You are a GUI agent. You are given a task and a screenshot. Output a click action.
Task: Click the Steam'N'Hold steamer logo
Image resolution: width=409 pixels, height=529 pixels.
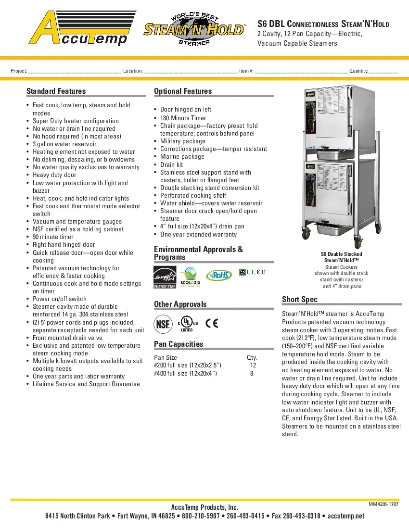coord(194,30)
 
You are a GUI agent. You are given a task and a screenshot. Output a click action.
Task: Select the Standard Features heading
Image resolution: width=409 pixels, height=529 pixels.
coord(56,91)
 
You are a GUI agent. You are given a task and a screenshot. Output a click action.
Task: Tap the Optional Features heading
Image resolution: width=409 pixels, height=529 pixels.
coord(183,91)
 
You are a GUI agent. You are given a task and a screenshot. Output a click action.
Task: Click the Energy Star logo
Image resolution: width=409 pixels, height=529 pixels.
coord(165,277)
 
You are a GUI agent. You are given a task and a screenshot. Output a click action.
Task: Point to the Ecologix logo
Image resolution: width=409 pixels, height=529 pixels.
coord(191,277)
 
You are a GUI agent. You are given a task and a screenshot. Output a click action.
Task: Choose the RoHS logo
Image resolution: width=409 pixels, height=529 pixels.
coord(219,275)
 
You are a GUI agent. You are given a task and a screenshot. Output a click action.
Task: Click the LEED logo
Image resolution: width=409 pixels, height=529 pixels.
coord(253,273)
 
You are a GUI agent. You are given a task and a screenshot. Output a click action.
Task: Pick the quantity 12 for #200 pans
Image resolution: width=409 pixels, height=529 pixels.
coord(253,365)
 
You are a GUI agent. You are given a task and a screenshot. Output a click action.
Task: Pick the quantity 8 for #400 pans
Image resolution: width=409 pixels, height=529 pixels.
coord(252,373)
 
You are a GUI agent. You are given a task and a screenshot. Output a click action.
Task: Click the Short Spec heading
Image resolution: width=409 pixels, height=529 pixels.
coord(300,300)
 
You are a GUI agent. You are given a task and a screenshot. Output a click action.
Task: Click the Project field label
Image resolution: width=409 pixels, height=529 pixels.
coord(19,71)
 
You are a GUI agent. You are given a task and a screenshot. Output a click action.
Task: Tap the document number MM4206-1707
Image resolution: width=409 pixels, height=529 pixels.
coord(383,504)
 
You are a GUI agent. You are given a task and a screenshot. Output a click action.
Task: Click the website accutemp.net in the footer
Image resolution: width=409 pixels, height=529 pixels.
coord(346,516)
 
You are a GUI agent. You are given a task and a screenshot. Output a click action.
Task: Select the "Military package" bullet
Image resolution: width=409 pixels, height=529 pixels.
coord(183,141)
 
